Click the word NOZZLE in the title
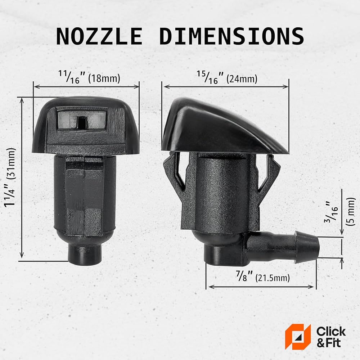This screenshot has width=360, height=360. [x=99, y=36]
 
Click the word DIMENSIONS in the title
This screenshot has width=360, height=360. [x=231, y=36]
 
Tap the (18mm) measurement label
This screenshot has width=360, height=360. [x=104, y=78]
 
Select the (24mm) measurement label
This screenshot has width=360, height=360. [x=242, y=79]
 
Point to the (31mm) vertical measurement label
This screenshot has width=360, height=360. [x=11, y=163]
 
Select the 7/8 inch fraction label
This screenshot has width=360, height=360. [x=244, y=276]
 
